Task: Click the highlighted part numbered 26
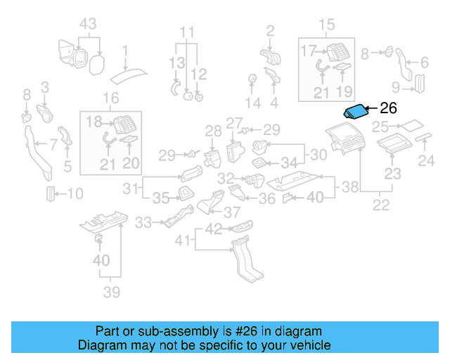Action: (356, 111)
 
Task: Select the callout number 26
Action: (388, 109)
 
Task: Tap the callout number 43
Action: (87, 23)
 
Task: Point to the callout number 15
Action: (328, 26)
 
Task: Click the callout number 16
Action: (111, 98)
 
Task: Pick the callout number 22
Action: (381, 205)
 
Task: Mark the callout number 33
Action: (143, 223)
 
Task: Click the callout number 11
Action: (186, 32)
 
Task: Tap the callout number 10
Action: (75, 193)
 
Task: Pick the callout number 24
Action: (427, 162)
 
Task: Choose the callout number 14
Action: (252, 103)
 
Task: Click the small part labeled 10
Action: (49, 193)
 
